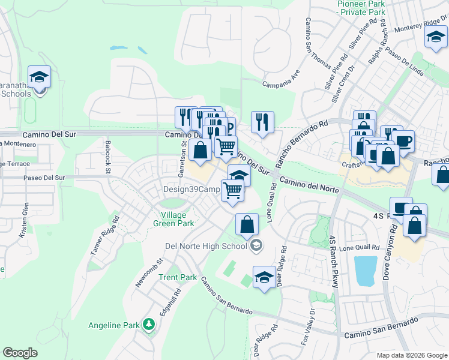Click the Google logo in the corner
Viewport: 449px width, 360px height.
click(x=20, y=353)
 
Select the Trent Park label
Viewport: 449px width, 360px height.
click(x=178, y=278)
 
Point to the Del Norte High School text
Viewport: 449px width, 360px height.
click(x=206, y=245)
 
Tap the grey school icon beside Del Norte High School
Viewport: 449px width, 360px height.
click(x=256, y=245)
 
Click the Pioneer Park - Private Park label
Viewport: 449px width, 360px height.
click(x=361, y=7)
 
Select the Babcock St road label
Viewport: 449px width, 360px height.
click(x=108, y=148)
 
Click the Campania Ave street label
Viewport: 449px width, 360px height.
click(x=282, y=77)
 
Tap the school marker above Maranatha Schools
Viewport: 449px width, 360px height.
click(x=39, y=77)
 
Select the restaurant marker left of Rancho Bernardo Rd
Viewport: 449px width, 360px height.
click(x=262, y=121)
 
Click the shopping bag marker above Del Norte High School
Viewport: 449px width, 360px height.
click(x=247, y=224)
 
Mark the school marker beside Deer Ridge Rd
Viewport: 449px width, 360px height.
click(x=264, y=277)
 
